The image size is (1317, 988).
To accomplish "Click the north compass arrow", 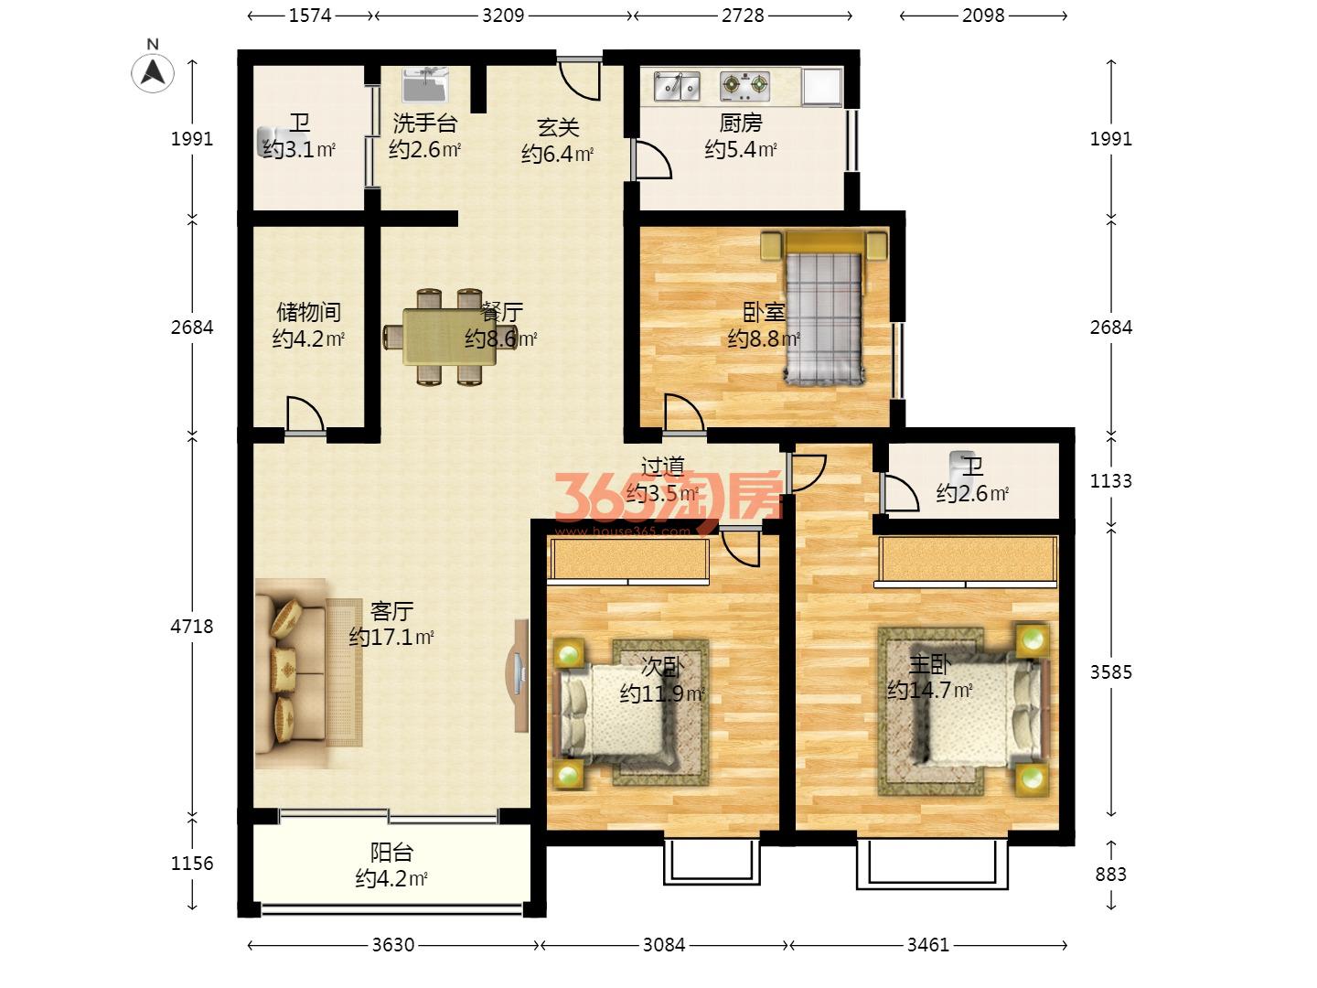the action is click(153, 72).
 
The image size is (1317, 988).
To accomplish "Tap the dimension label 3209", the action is click(503, 16).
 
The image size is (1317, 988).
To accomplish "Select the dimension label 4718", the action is click(192, 627).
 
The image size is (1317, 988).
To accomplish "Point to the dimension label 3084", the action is click(664, 945).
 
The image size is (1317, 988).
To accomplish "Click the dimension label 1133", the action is click(1110, 481).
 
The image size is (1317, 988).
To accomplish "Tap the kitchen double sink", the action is click(677, 86).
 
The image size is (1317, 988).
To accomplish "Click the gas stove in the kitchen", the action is click(744, 86).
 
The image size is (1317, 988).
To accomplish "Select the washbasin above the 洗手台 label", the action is click(425, 84).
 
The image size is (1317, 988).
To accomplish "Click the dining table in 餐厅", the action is click(449, 338).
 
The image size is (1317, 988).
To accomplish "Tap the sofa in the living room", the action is click(292, 674).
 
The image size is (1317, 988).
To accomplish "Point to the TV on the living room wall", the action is click(519, 675).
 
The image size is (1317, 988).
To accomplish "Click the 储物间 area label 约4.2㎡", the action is click(308, 339).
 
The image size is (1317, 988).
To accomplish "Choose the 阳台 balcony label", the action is click(391, 853).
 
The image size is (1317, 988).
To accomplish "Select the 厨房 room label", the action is click(741, 123).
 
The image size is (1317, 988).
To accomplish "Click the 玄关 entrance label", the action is click(558, 128).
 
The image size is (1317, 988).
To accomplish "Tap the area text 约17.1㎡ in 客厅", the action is click(391, 637).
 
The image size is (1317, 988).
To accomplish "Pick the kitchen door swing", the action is click(653, 160).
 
